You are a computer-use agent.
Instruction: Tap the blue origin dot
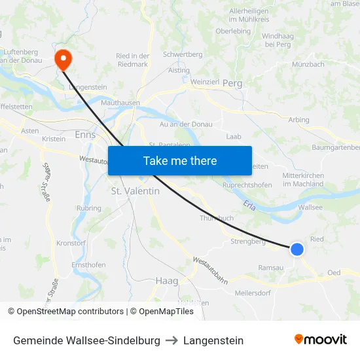click(x=297, y=249)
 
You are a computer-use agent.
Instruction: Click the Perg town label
click(x=232, y=84)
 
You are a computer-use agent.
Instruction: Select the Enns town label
click(x=86, y=134)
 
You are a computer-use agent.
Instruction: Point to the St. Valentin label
click(x=135, y=191)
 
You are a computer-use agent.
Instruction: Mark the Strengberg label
click(x=248, y=242)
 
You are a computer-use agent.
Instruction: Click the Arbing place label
click(x=298, y=120)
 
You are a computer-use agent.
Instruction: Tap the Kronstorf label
click(x=71, y=242)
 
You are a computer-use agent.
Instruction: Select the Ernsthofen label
click(x=88, y=265)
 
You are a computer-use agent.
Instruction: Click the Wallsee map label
click(x=310, y=207)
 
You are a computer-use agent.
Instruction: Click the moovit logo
click(x=321, y=340)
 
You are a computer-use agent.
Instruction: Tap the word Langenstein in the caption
click(x=213, y=340)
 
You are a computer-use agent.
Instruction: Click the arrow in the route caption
click(x=171, y=340)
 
